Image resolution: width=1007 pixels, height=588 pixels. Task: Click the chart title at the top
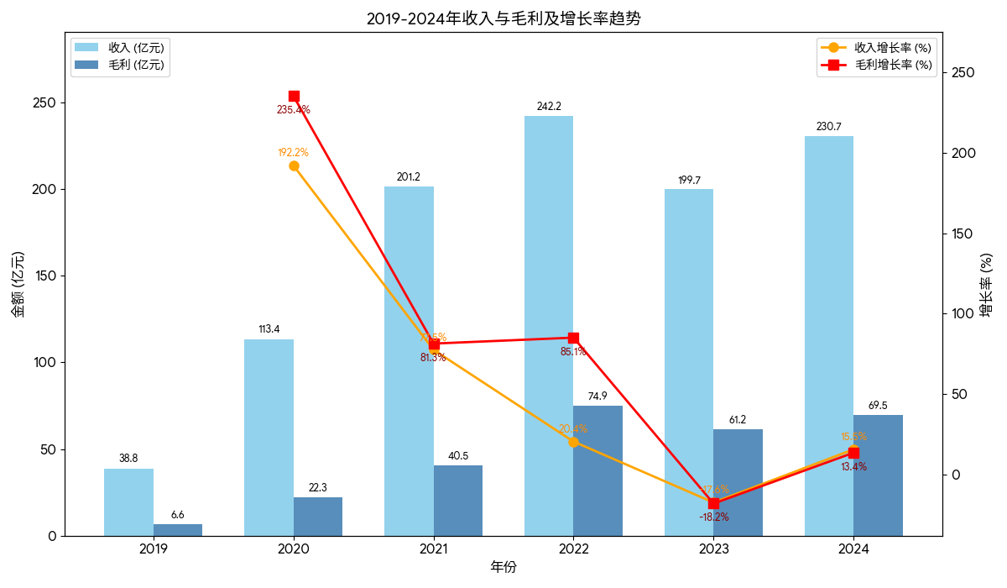point(503,18)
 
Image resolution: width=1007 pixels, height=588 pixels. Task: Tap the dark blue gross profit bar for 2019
point(178,530)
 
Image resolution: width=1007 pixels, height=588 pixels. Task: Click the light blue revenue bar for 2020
point(269,437)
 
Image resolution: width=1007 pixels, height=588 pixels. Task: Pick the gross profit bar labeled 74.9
point(598,470)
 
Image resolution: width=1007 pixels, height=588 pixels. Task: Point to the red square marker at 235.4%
point(294,97)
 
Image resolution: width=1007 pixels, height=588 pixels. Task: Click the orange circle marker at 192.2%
point(294,165)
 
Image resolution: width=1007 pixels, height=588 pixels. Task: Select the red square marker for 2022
point(573,338)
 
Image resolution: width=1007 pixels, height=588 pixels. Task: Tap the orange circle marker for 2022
point(573,442)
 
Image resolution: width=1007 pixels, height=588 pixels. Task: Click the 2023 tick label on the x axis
point(713,549)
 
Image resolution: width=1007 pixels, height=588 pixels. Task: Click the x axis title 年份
point(503,567)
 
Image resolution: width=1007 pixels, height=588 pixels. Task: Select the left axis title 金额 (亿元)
point(18,284)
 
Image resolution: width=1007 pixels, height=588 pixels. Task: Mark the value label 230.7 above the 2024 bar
point(828,127)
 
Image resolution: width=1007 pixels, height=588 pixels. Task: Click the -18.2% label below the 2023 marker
point(713,517)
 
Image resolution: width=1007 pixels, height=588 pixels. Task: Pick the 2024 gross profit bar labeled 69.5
point(878,475)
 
